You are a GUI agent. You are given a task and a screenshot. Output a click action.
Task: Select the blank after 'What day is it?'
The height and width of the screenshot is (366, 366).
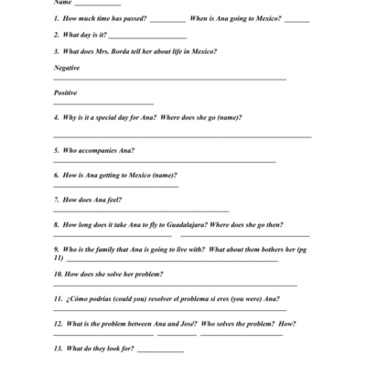[147, 37]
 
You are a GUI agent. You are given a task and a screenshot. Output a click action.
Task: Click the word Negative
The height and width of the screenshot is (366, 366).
[67, 68]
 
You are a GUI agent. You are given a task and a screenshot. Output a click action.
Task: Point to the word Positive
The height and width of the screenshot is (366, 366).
[66, 93]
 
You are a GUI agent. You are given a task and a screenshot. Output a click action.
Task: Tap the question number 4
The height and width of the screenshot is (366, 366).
[57, 118]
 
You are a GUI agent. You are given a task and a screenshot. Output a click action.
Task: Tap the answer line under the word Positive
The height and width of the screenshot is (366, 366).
[103, 103]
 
